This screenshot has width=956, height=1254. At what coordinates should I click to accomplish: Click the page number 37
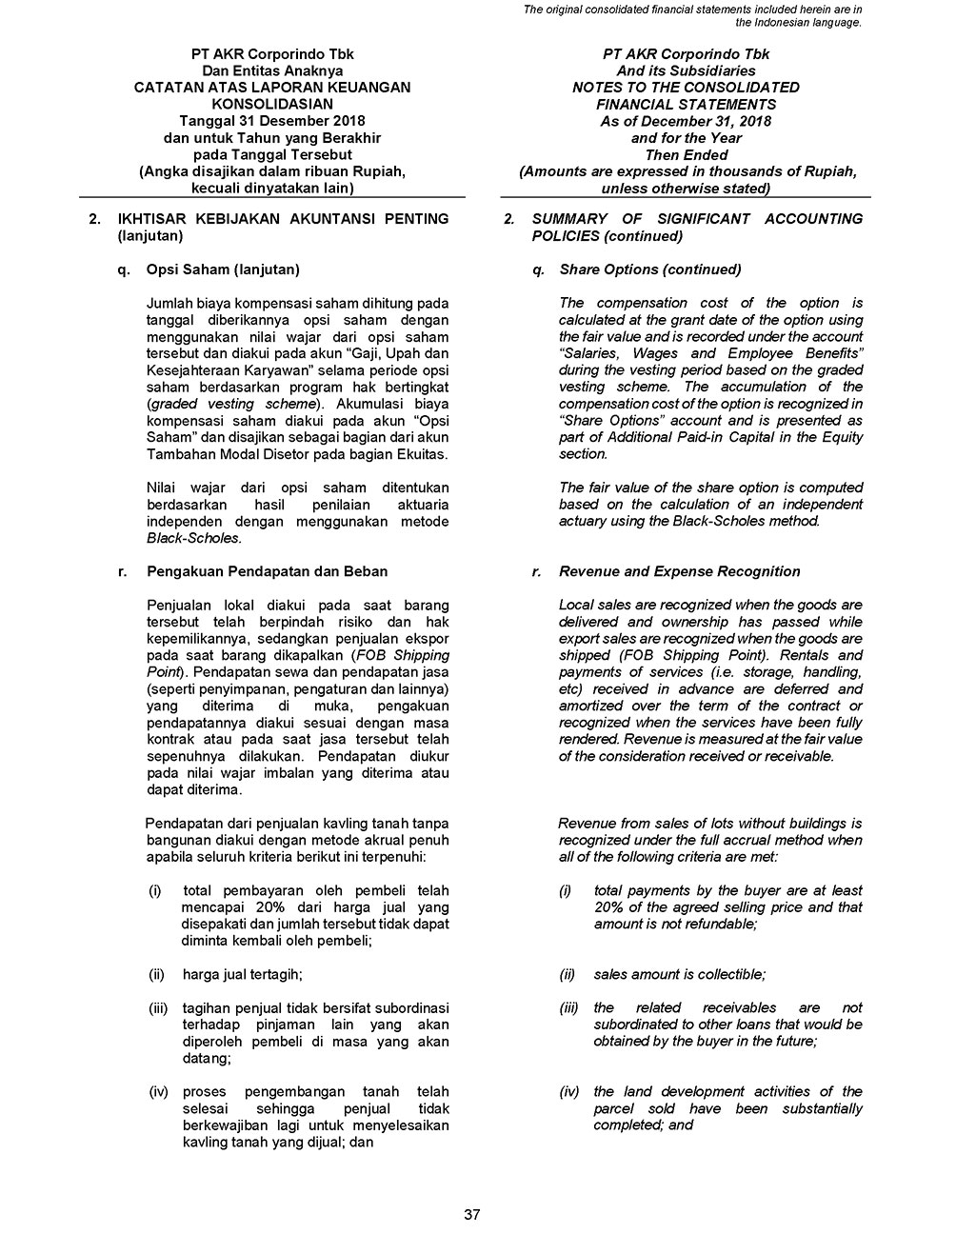[x=472, y=1214]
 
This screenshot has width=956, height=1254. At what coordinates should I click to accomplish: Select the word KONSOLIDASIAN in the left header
[x=272, y=104]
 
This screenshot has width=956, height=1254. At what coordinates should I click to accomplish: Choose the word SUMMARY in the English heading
[x=572, y=219]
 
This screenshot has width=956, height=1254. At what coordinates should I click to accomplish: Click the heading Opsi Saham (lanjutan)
[x=223, y=269]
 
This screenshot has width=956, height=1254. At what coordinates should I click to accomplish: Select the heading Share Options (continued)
[x=650, y=269]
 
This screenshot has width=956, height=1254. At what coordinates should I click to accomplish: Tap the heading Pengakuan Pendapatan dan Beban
[x=267, y=571]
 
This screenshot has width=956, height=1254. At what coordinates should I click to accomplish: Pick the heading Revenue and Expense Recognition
[x=680, y=571]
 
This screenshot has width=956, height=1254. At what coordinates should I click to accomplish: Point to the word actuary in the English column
[x=583, y=521]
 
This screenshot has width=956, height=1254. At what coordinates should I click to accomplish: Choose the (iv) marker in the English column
[x=569, y=1091]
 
